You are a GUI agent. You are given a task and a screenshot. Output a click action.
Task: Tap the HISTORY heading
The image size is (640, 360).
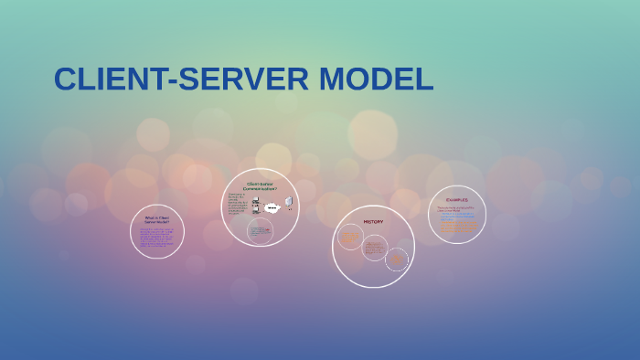click(373, 222)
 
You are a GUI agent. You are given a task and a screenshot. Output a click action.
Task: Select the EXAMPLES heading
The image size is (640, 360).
click(456, 199)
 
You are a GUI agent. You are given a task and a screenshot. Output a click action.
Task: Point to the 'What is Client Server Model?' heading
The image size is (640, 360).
click(157, 219)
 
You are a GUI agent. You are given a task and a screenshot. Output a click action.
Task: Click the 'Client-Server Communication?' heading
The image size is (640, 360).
click(261, 186)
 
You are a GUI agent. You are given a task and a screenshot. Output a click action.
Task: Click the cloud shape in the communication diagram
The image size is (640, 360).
click(272, 207)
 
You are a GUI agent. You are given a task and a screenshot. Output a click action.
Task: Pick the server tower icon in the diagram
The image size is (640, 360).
click(289, 202)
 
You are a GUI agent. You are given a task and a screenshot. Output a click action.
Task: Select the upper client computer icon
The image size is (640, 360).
click(256, 201)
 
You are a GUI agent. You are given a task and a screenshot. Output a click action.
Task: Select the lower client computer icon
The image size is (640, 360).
click(256, 211)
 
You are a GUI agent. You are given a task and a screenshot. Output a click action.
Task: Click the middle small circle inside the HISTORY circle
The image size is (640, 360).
click(374, 247)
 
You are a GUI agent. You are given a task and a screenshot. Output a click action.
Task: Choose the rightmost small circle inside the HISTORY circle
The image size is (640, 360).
click(397, 259)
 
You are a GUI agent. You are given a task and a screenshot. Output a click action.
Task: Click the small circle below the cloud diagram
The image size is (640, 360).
click(260, 230)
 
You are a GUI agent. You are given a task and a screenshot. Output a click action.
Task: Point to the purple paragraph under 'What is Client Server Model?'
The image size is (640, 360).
click(156, 237)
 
